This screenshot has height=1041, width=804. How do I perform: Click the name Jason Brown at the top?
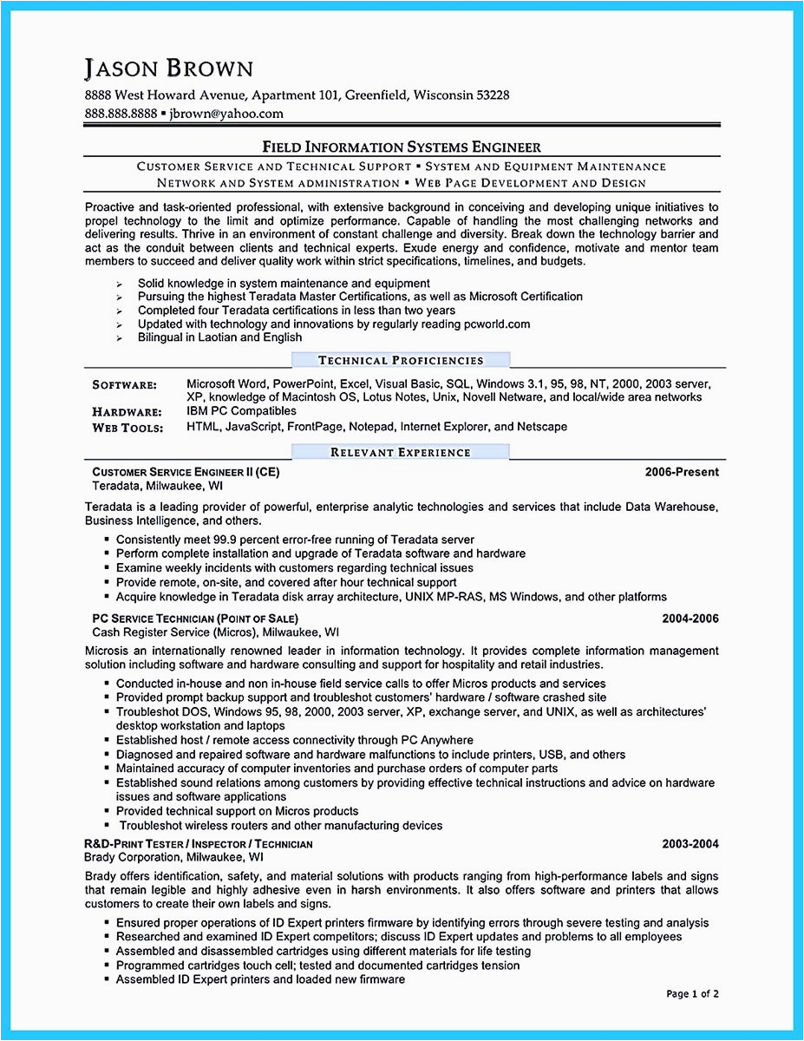(x=168, y=69)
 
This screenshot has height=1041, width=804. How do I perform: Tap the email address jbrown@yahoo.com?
(x=226, y=114)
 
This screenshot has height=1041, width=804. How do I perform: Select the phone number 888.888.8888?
(x=121, y=114)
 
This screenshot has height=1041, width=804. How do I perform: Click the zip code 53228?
(x=490, y=95)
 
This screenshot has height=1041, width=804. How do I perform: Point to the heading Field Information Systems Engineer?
(x=402, y=147)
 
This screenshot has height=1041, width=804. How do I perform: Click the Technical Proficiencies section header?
(x=401, y=360)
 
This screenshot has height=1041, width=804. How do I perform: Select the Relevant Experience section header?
(x=401, y=452)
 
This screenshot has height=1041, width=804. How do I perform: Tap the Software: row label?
(x=124, y=384)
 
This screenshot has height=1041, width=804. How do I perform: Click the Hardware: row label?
(x=127, y=413)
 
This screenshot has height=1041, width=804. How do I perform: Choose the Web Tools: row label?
(x=125, y=428)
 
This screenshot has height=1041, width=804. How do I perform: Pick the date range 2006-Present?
(x=681, y=473)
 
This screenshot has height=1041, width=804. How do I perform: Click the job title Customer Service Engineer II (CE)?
(x=186, y=473)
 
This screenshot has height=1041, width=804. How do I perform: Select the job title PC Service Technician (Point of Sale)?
(x=194, y=619)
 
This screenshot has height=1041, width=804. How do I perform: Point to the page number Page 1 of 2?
(x=692, y=993)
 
